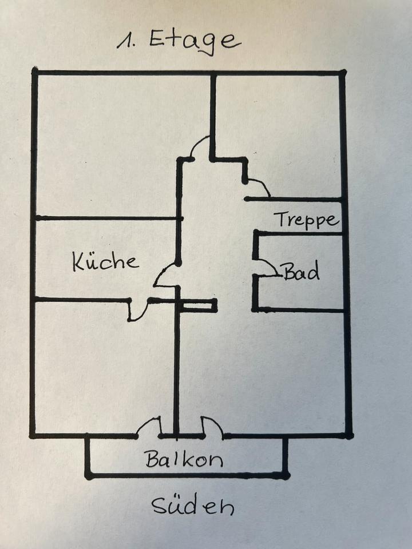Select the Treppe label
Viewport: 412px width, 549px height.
click(x=306, y=219)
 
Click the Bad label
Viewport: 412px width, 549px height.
click(x=301, y=272)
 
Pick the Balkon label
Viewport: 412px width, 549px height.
click(x=184, y=459)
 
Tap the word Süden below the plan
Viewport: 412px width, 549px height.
click(x=192, y=507)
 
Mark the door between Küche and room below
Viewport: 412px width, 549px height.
click(x=138, y=309)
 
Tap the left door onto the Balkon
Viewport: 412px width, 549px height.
click(x=149, y=427)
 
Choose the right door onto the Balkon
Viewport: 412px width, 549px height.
click(x=212, y=427)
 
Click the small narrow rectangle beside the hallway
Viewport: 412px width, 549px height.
click(x=197, y=306)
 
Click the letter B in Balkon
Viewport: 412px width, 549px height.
click(x=150, y=459)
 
